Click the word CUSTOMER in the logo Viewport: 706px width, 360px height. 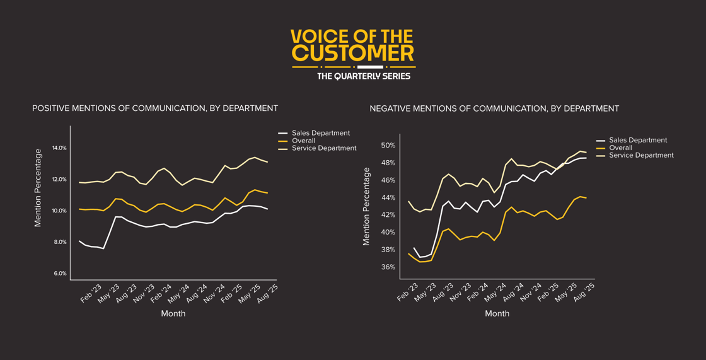click(x=353, y=53)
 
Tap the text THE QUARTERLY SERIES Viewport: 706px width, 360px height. click(x=363, y=76)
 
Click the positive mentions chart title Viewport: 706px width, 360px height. click(x=155, y=108)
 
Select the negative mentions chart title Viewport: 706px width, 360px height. click(x=494, y=108)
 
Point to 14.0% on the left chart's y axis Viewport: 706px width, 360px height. click(x=59, y=148)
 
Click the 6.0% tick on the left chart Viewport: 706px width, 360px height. click(x=60, y=274)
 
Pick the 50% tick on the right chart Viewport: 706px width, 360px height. click(x=388, y=146)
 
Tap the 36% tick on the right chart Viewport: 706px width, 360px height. click(x=388, y=267)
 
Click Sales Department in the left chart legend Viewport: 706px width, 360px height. click(x=321, y=133)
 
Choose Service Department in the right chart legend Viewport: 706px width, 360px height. click(x=641, y=155)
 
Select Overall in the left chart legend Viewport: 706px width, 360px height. click(x=303, y=141)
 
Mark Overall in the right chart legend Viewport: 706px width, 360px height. click(x=620, y=148)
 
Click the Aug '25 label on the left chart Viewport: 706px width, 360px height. click(x=268, y=293)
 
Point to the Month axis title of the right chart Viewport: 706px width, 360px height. click(x=497, y=313)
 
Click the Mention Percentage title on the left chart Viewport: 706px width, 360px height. click(x=38, y=188)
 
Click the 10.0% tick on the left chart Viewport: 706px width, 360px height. click(x=59, y=211)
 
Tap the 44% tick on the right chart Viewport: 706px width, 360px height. click(x=388, y=198)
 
